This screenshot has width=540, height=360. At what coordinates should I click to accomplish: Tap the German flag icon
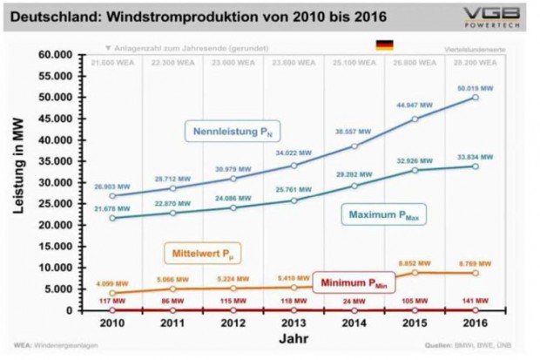click(384, 44)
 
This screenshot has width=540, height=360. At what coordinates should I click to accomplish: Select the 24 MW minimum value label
click(354, 302)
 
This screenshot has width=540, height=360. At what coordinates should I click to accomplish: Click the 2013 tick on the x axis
click(294, 323)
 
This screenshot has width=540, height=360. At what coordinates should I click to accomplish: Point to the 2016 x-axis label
click(475, 323)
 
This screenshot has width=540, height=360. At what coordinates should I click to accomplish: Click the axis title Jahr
click(293, 339)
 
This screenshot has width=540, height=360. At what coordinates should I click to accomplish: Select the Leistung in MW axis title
click(17, 181)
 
